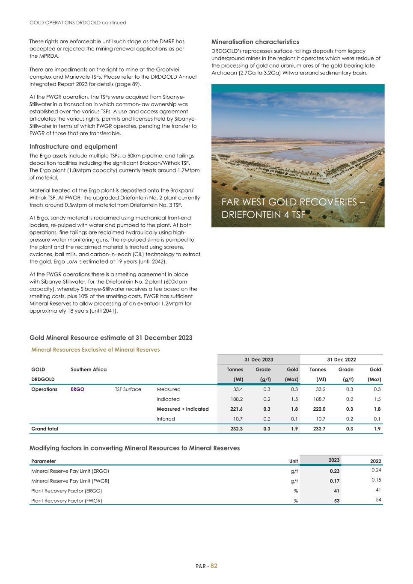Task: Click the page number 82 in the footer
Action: (x=214, y=566)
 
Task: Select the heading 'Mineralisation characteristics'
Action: (x=255, y=42)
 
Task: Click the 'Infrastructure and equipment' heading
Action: (x=73, y=146)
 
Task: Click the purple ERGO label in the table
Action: (x=77, y=389)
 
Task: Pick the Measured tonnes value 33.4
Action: (x=237, y=389)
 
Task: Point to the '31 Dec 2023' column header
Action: (x=258, y=360)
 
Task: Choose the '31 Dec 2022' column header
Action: (x=342, y=360)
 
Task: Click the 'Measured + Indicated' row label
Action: (x=183, y=409)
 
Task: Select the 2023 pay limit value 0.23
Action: (x=334, y=471)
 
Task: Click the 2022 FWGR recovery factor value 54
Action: (x=378, y=500)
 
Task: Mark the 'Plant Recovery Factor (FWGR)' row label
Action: (x=67, y=501)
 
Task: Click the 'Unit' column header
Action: (x=294, y=461)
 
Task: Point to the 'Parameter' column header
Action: (x=44, y=461)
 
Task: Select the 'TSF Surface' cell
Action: (x=128, y=389)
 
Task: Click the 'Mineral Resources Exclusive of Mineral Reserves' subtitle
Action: (x=95, y=350)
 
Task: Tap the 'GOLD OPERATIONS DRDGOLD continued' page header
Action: (x=77, y=22)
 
